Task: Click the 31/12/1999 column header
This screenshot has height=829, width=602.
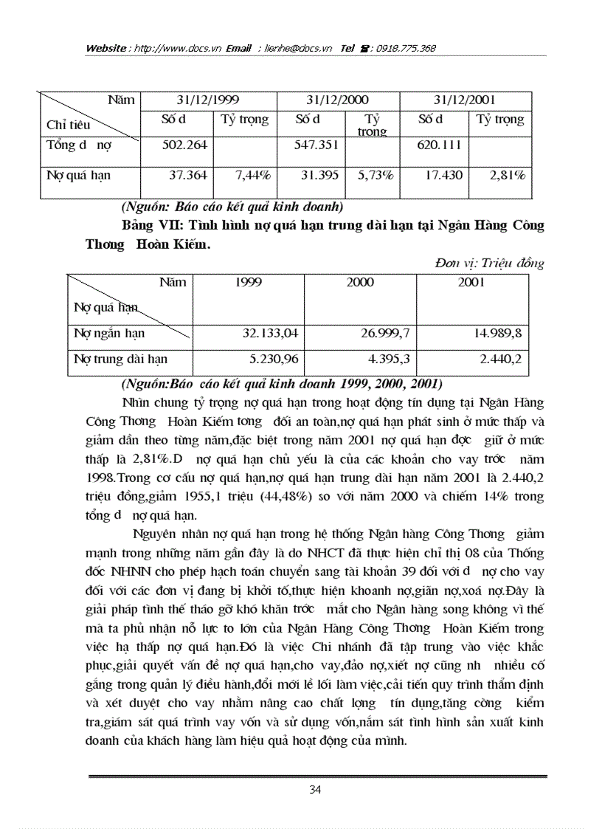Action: coord(208,100)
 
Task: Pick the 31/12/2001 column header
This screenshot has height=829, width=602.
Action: coord(465,100)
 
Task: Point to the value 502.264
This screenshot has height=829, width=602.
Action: coord(185,145)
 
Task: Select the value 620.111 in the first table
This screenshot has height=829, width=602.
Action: coord(440,145)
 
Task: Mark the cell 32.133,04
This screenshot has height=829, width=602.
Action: coord(270,333)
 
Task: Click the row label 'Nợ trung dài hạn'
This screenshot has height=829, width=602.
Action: coord(120,359)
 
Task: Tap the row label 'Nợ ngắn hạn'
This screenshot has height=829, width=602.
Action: coord(109,333)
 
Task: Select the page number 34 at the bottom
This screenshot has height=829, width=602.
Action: coord(315,790)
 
